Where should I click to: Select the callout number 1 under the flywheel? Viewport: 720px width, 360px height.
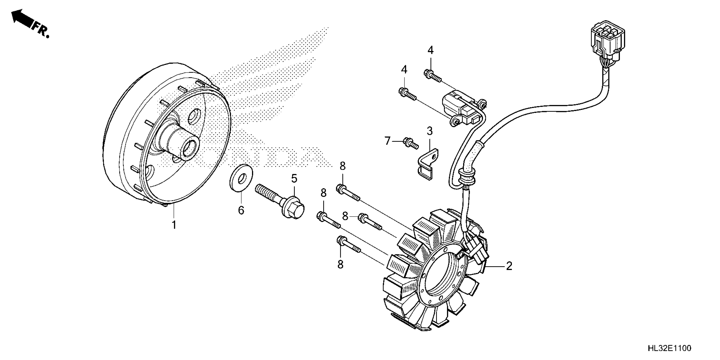point(174,225)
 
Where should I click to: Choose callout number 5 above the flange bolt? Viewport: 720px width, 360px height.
point(294,178)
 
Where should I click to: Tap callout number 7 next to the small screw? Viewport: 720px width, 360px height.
point(387,141)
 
